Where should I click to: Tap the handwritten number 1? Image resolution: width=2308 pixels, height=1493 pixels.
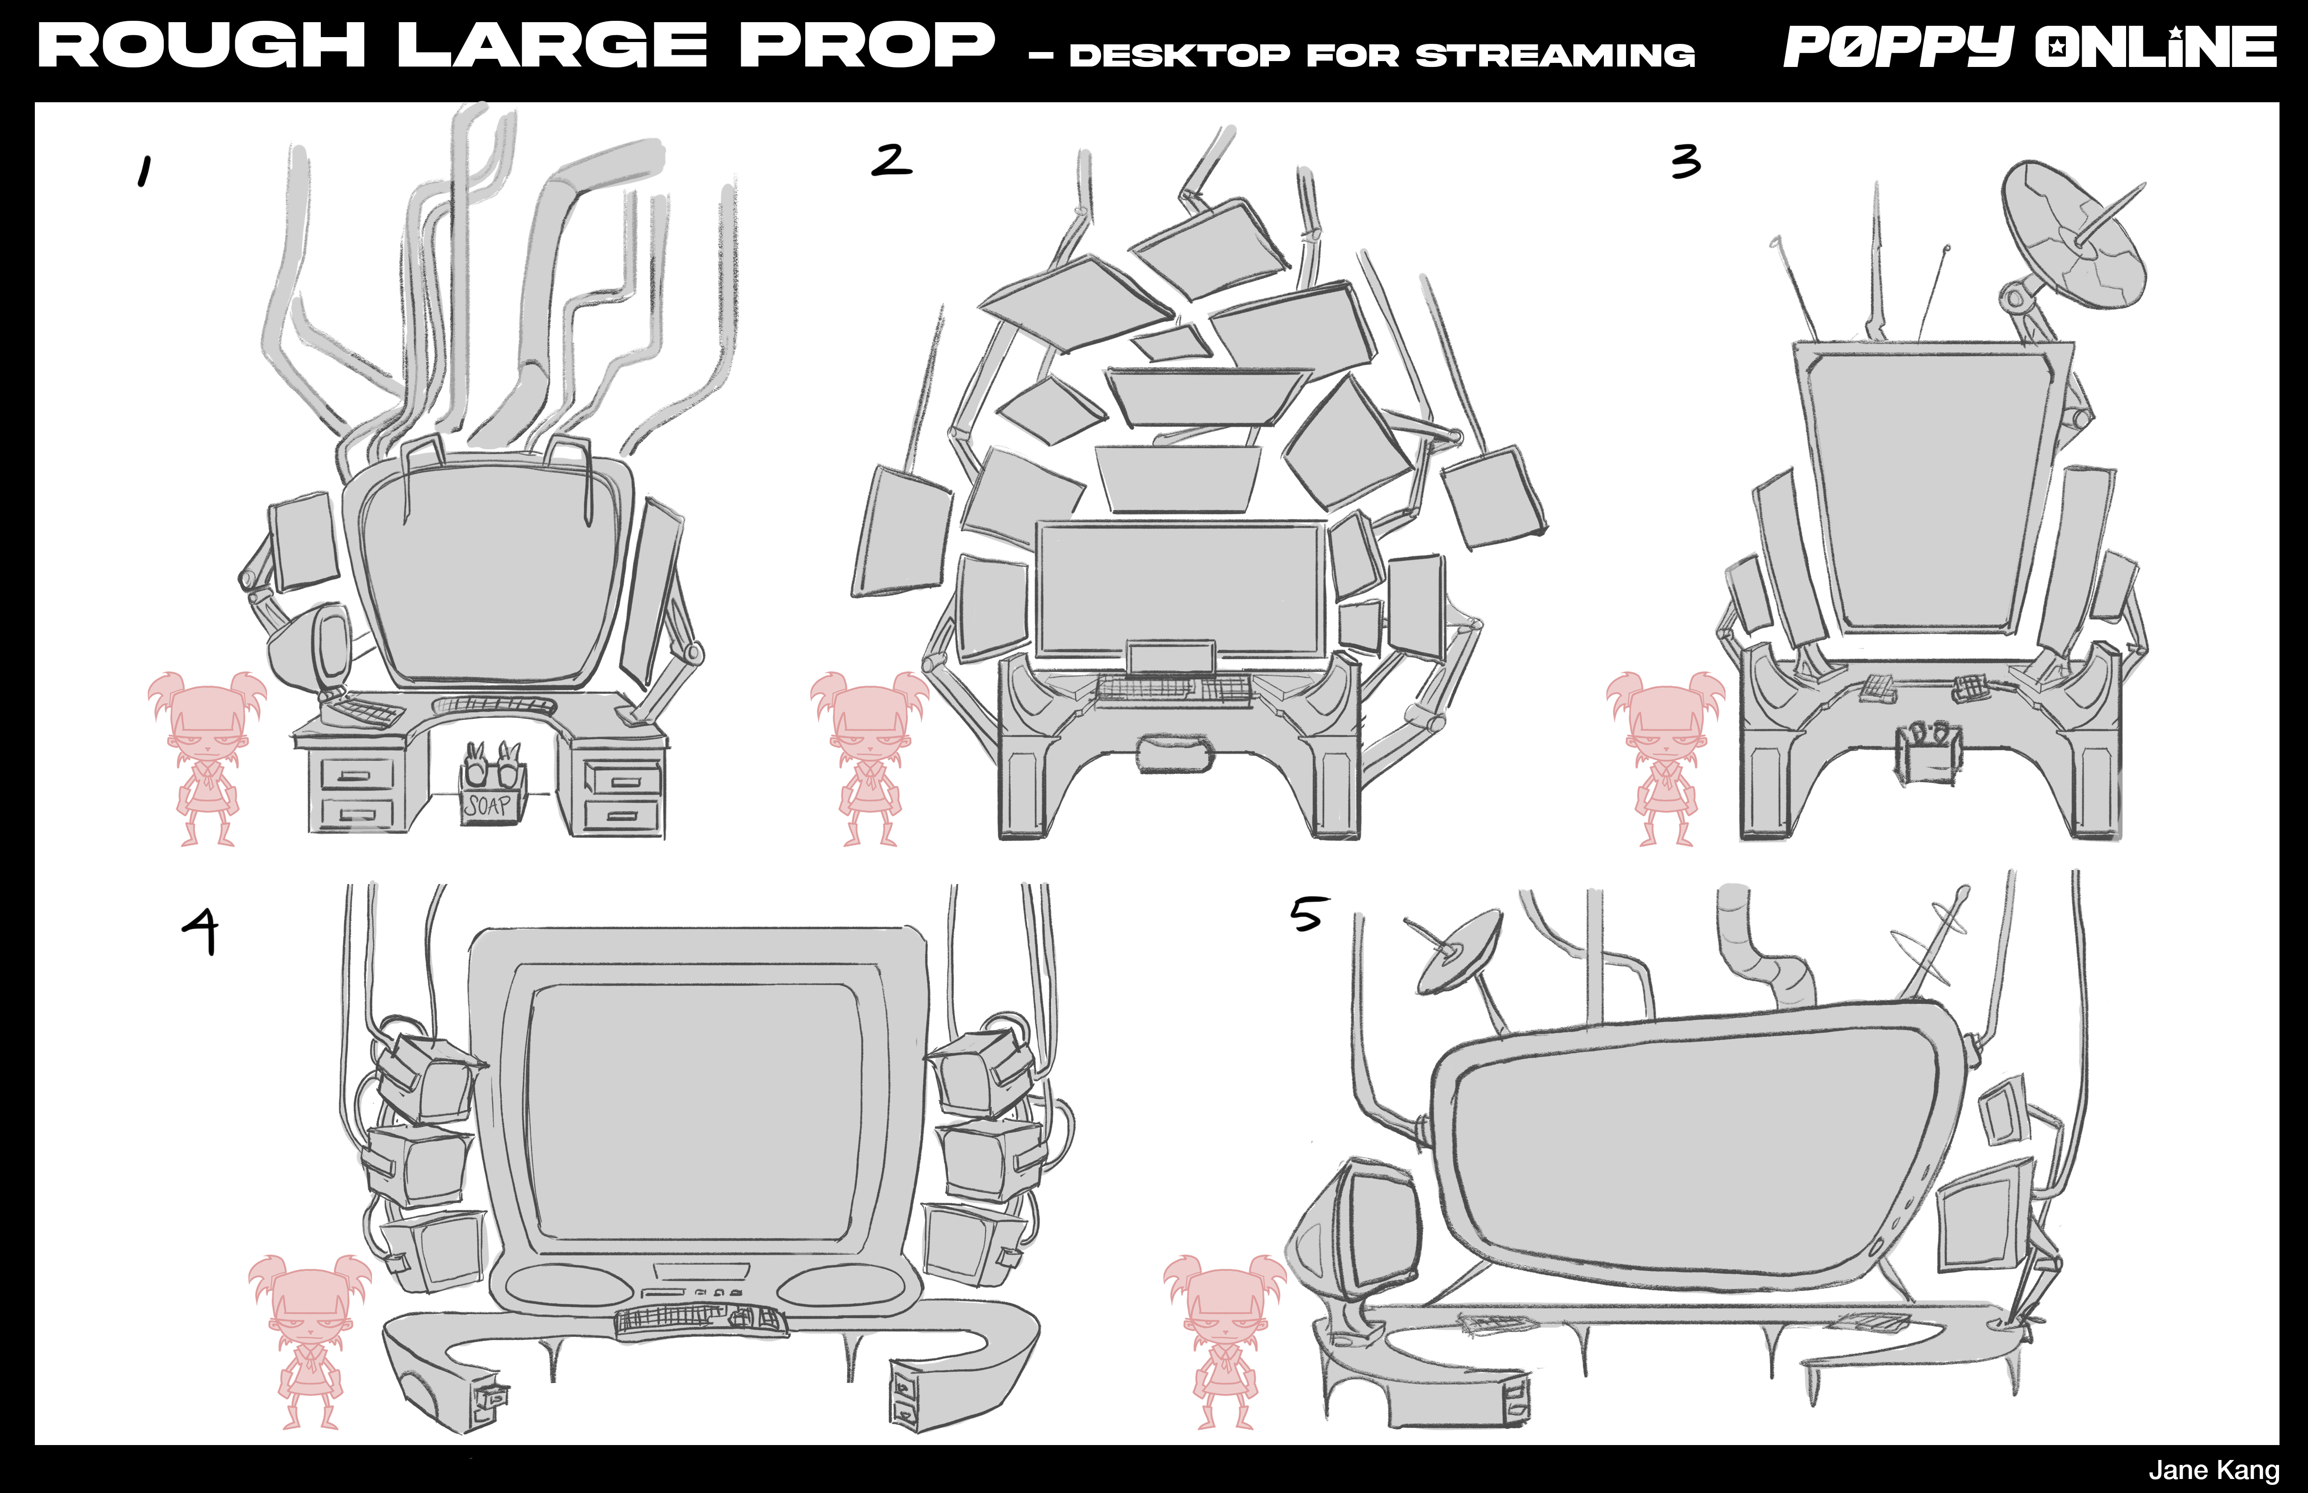pyautogui.click(x=144, y=171)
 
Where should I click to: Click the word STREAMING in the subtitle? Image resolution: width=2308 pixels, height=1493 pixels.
pyautogui.click(x=1555, y=55)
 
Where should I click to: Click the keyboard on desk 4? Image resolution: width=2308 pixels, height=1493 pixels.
pyautogui.click(x=700, y=1321)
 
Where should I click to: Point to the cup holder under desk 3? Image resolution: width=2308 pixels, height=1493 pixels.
pyautogui.click(x=1928, y=753)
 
